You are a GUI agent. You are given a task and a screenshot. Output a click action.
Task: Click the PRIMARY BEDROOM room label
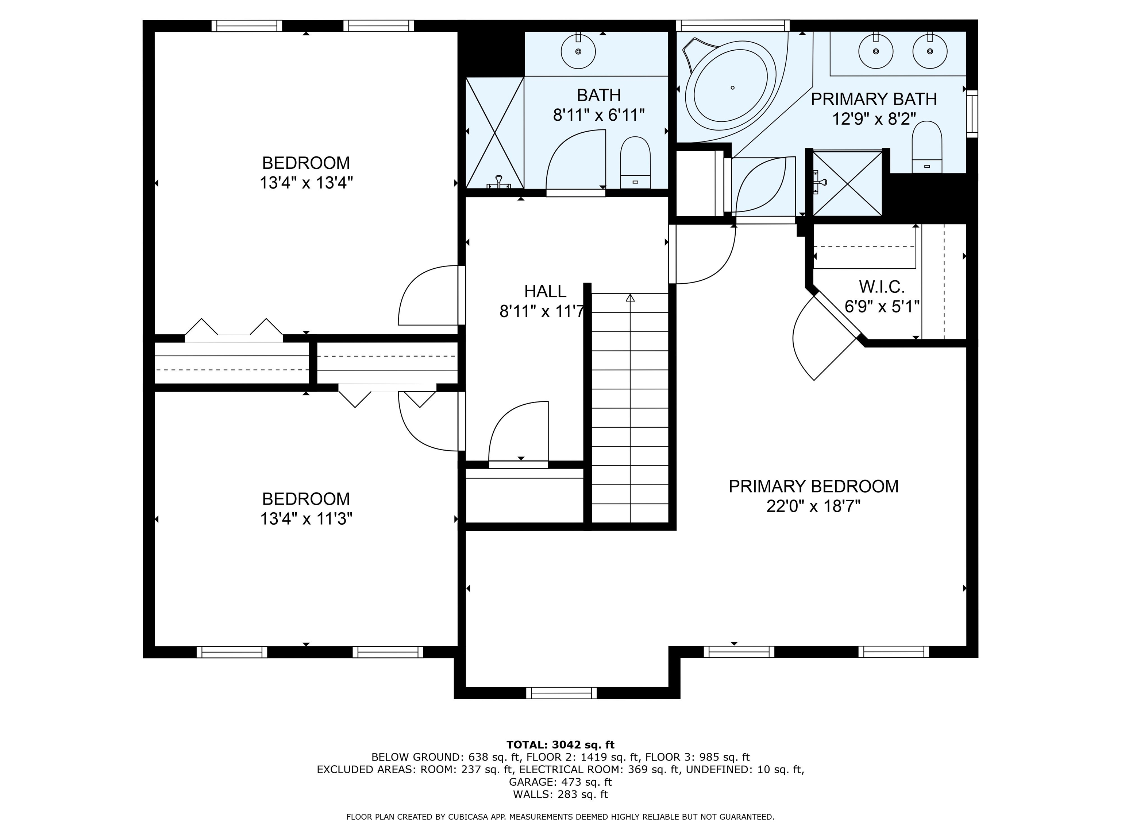coord(813,486)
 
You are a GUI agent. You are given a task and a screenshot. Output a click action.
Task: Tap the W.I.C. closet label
coord(882,287)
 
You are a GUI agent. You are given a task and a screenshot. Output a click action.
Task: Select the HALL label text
coord(545,291)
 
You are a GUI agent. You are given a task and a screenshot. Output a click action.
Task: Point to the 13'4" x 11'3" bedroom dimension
coord(306,519)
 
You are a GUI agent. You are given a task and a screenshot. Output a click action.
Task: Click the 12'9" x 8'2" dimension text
coord(874,119)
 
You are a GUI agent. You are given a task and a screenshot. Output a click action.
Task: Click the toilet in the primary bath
coord(927,147)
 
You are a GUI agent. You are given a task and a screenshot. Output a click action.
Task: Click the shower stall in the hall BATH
coord(494,133)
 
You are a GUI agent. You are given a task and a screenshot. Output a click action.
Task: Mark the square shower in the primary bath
coord(847,183)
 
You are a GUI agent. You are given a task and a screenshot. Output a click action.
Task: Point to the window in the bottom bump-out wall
coord(562,693)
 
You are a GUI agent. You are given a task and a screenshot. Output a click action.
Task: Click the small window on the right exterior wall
coord(972,113)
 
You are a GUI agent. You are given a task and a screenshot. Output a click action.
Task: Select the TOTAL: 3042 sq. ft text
coord(560,745)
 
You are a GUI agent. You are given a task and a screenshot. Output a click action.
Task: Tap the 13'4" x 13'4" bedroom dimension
coord(306,183)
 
